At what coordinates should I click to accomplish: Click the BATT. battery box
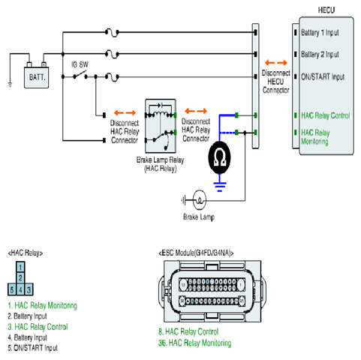click(x=36, y=77)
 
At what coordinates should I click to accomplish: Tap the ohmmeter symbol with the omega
click(x=220, y=157)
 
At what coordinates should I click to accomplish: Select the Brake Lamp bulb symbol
click(x=200, y=200)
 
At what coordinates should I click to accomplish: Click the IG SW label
click(x=80, y=64)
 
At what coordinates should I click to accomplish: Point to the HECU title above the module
click(x=326, y=10)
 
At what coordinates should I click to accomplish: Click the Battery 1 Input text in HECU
click(x=320, y=32)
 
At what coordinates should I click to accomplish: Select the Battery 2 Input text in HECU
click(x=320, y=54)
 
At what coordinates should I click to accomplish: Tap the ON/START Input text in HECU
click(x=323, y=76)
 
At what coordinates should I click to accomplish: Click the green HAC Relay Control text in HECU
click(x=326, y=115)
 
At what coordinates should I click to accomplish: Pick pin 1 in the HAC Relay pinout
click(x=20, y=267)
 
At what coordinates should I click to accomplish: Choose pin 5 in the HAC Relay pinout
click(x=12, y=289)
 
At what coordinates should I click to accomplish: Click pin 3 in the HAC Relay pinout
click(x=29, y=289)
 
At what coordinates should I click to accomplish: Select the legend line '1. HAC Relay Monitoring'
click(x=42, y=305)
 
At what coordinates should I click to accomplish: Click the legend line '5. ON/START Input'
click(x=32, y=348)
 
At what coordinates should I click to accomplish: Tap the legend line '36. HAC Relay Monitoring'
click(x=194, y=343)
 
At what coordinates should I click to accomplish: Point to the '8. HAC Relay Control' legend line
click(x=188, y=331)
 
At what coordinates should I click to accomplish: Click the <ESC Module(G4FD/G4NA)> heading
click(x=196, y=253)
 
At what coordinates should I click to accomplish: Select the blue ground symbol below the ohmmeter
click(x=220, y=187)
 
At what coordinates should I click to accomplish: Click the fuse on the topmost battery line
click(x=112, y=32)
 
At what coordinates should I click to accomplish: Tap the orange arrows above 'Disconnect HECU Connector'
click(x=276, y=62)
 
